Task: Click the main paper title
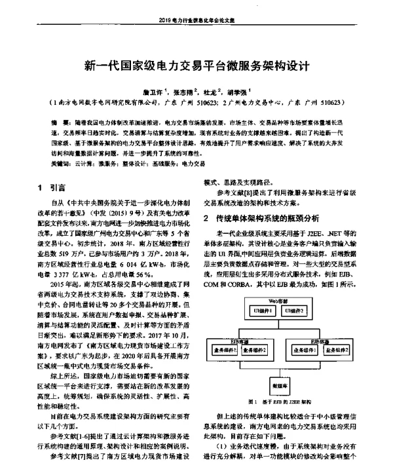coord(196,66)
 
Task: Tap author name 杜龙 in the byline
coord(212,92)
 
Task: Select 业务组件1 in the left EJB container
coord(224,349)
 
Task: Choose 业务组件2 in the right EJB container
coord(333,350)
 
